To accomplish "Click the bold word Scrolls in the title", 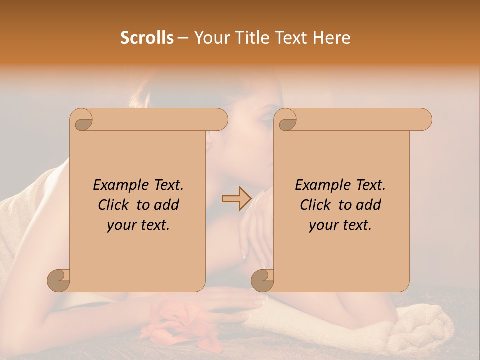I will pos(147,38).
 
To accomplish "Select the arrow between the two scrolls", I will pos(236,199).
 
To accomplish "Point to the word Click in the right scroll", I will pos(316,205).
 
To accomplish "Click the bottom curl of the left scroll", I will pos(59,280).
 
